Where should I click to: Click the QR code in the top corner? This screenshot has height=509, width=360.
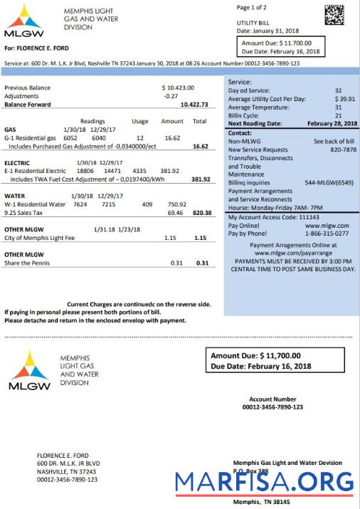pyautogui.click(x=336, y=16)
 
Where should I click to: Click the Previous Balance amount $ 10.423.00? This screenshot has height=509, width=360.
pyautogui.click(x=178, y=88)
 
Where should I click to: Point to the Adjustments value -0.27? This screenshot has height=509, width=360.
pyautogui.click(x=171, y=95)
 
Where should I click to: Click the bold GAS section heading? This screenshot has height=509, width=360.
pyautogui.click(x=10, y=130)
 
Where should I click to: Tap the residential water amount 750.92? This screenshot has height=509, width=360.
pyautogui.click(x=177, y=204)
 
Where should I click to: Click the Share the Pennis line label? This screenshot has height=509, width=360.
pyautogui.click(x=28, y=263)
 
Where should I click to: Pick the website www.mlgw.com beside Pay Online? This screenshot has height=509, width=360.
pyautogui.click(x=332, y=225)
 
